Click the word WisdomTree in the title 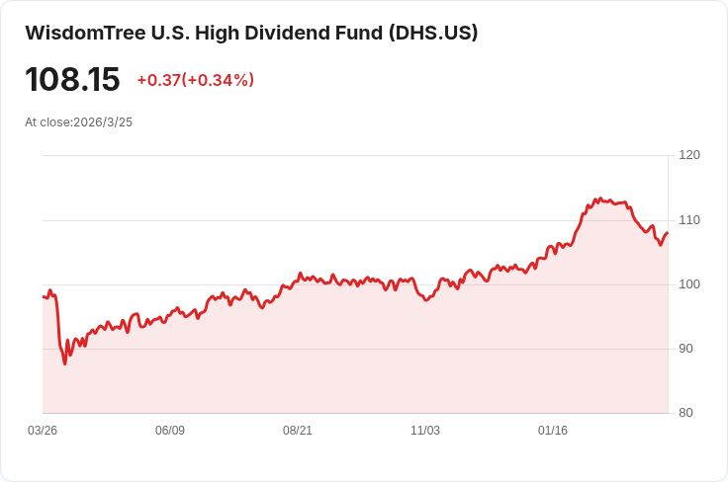85,33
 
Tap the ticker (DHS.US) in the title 433,33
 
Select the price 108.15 72,79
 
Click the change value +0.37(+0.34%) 196,80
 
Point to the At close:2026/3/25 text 78,122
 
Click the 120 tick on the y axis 689,155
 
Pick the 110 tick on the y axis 689,219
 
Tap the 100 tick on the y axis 689,284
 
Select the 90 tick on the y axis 685,349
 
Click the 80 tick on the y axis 685,413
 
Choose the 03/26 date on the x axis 43,431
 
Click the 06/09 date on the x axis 170,431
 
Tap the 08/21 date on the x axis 298,431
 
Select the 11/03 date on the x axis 424,431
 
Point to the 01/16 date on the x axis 553,431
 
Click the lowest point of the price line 65,363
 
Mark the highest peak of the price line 599,199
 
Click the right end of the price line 668,233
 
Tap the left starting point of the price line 44,296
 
